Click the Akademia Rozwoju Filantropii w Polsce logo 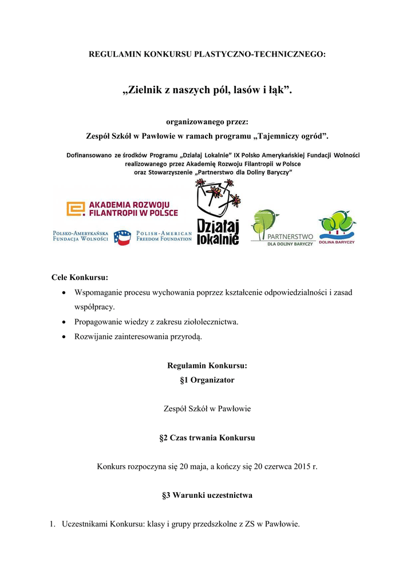(122, 209)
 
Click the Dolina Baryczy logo (337, 228)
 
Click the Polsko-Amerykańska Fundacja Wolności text (81, 236)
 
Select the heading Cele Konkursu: (80, 278)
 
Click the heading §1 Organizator (207, 379)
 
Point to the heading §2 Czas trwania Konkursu (207, 438)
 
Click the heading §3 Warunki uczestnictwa (207, 495)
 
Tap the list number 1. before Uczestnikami (52, 524)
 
